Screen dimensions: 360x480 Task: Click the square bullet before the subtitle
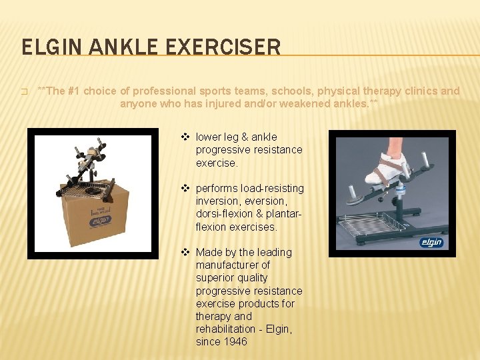(x=24, y=92)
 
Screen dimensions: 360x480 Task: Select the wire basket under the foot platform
(x=374, y=225)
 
